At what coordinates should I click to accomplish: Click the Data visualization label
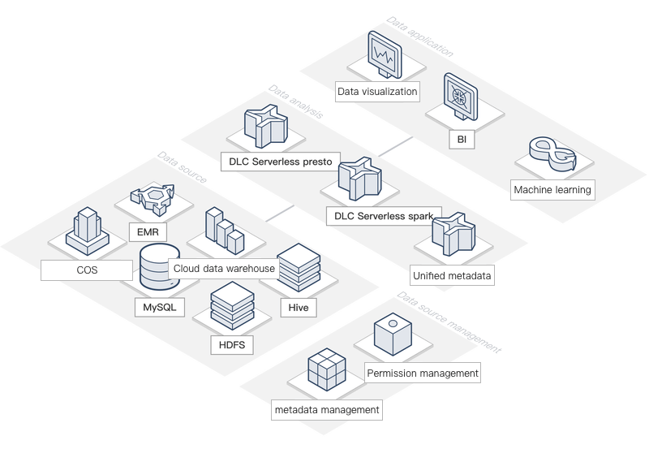click(378, 91)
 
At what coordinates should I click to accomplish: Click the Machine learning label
click(552, 190)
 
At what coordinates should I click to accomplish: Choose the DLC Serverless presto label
click(280, 162)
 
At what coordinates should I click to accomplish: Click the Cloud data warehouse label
click(225, 268)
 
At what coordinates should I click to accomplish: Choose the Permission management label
click(422, 373)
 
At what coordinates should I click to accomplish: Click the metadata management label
click(327, 410)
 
